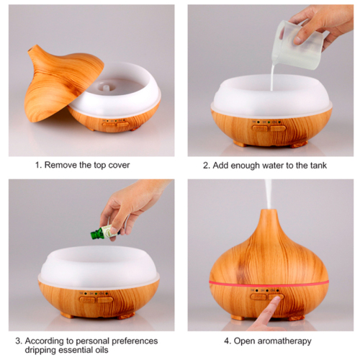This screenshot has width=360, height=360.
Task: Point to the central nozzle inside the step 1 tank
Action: click(106, 87)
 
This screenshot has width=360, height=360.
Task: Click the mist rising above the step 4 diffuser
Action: click(269, 194)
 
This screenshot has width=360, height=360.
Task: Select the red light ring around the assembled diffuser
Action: click(269, 284)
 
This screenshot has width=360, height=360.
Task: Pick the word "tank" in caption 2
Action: click(318, 166)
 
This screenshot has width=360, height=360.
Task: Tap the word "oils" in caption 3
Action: click(101, 350)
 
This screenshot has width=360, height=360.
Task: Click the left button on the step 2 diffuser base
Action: click(260, 128)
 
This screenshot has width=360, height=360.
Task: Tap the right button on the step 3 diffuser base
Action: click(105, 300)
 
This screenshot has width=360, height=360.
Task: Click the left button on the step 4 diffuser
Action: click(258, 297)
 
